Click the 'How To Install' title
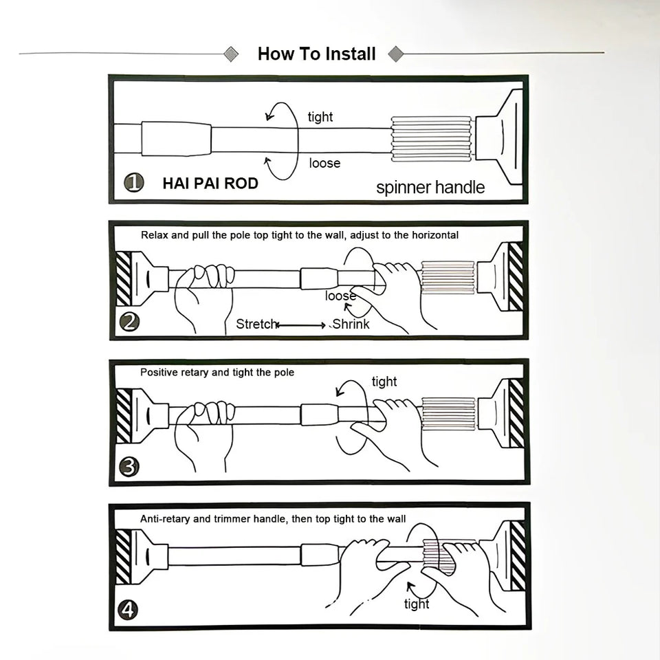coord(316,54)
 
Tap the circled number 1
coord(134,183)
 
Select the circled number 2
coord(129,322)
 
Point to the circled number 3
coord(129,467)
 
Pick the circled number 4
coord(128,610)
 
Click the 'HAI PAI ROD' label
coord(210,184)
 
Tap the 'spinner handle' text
coord(430,187)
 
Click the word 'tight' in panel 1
coord(320,117)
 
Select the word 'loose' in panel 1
coord(324,163)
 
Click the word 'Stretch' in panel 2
coord(256,324)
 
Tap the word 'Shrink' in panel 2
coord(351,324)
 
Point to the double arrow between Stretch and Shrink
coord(301,325)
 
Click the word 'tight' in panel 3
coord(384,382)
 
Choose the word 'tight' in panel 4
coord(417,604)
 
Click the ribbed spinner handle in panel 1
coord(432,139)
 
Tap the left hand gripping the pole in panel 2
coord(205,298)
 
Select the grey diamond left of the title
coord(231,54)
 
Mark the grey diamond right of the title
coord(396,54)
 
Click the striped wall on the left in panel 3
coord(124,416)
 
